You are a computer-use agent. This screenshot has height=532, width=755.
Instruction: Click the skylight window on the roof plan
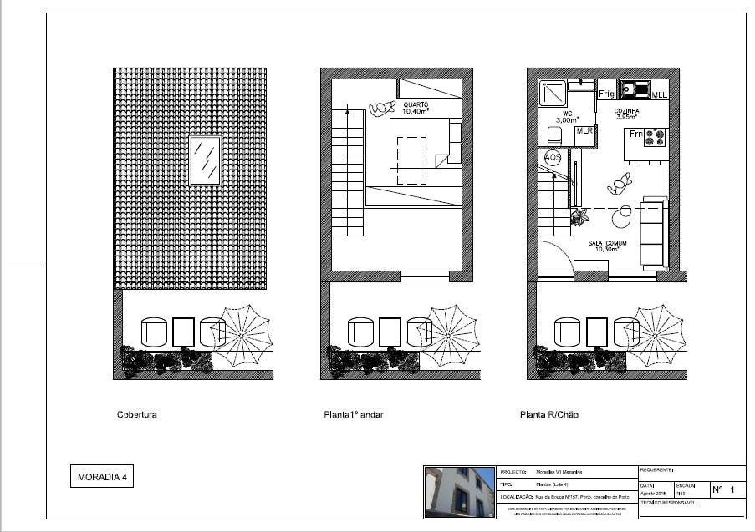coord(205,160)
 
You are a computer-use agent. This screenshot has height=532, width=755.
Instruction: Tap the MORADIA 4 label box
coord(102,478)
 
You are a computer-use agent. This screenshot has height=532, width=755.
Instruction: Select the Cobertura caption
coord(137,414)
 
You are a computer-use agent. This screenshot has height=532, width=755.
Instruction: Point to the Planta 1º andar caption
coord(353,414)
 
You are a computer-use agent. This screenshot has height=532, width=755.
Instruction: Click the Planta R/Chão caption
coord(548,414)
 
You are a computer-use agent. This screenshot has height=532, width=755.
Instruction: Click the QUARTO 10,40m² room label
coord(416,107)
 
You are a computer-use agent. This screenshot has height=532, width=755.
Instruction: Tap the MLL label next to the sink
coord(660,95)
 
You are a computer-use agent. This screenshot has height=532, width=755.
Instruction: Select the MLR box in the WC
coord(584,131)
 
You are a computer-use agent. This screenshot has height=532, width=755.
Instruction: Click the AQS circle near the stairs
coord(553,157)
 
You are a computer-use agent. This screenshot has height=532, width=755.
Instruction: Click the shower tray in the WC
coord(553,93)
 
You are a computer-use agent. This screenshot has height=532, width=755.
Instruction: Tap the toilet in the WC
coord(553,136)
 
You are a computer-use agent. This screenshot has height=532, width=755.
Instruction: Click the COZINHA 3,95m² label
coord(628,114)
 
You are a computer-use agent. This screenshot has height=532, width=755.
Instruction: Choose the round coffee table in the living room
coord(621,218)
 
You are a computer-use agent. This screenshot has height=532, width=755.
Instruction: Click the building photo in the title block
coord(459,491)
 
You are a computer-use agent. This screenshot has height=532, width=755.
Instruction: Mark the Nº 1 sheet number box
coord(727,489)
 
